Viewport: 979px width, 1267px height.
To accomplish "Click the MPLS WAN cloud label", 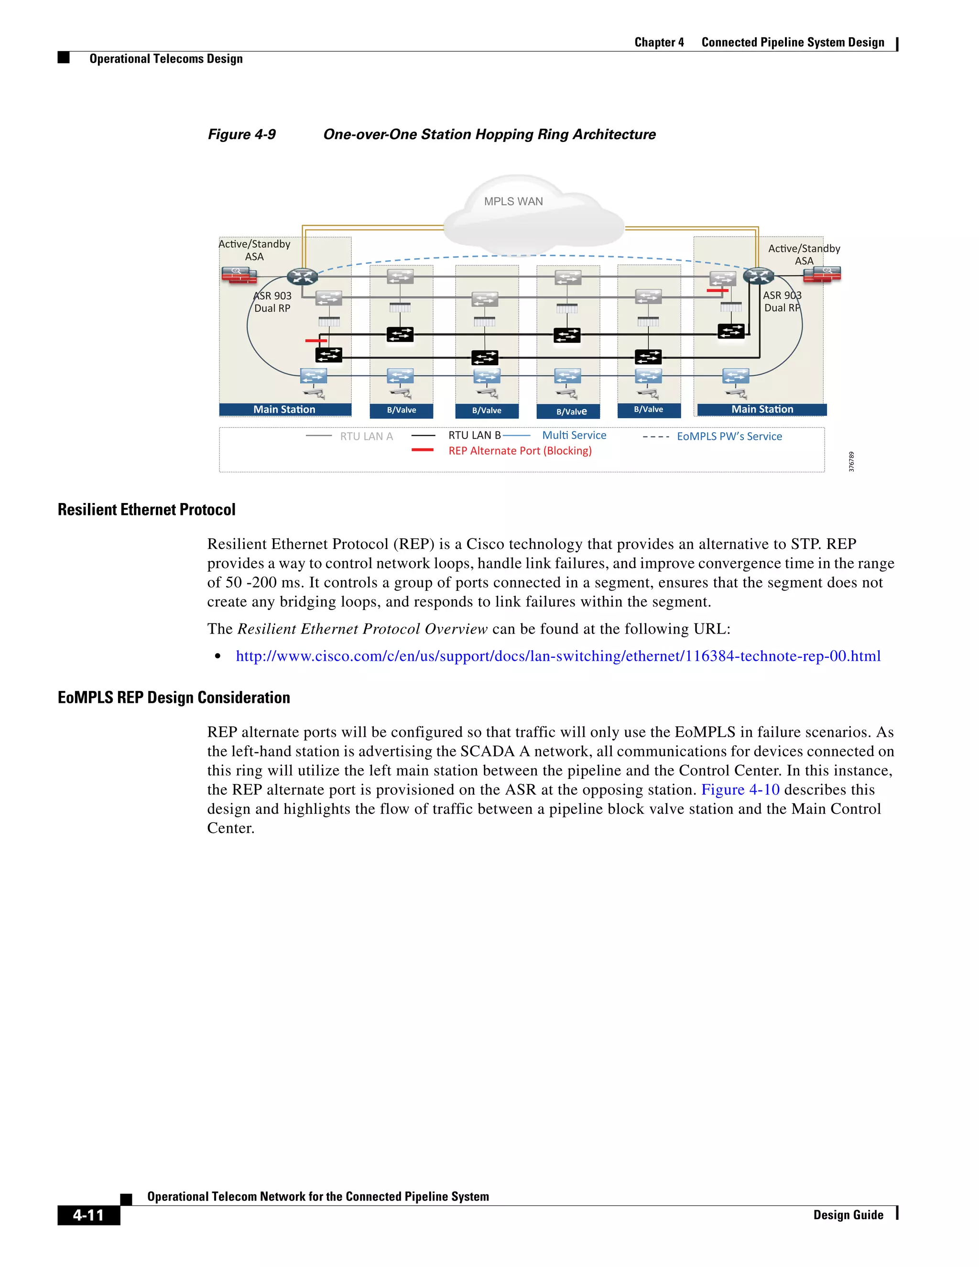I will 513,201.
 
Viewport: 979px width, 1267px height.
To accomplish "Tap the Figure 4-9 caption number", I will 242,135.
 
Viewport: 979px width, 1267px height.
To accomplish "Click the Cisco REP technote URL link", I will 558,656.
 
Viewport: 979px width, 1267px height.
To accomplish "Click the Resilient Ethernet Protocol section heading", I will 147,510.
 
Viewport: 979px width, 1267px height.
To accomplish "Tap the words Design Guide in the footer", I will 848,1215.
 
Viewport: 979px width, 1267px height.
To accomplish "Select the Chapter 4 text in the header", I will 659,43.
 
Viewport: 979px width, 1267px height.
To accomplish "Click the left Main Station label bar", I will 285,410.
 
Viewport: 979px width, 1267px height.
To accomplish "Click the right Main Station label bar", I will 762,410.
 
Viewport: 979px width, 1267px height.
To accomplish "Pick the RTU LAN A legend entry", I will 366,436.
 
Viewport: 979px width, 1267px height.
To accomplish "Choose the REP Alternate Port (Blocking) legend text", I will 520,451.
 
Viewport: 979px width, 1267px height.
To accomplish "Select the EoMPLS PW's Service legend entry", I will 729,436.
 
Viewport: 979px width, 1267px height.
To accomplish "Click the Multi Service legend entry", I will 574,435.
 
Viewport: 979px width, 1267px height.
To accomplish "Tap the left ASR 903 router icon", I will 302,277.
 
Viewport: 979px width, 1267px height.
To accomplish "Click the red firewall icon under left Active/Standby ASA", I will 239,274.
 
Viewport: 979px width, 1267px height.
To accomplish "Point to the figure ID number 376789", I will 851,462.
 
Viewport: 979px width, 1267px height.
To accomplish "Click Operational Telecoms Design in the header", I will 166,59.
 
